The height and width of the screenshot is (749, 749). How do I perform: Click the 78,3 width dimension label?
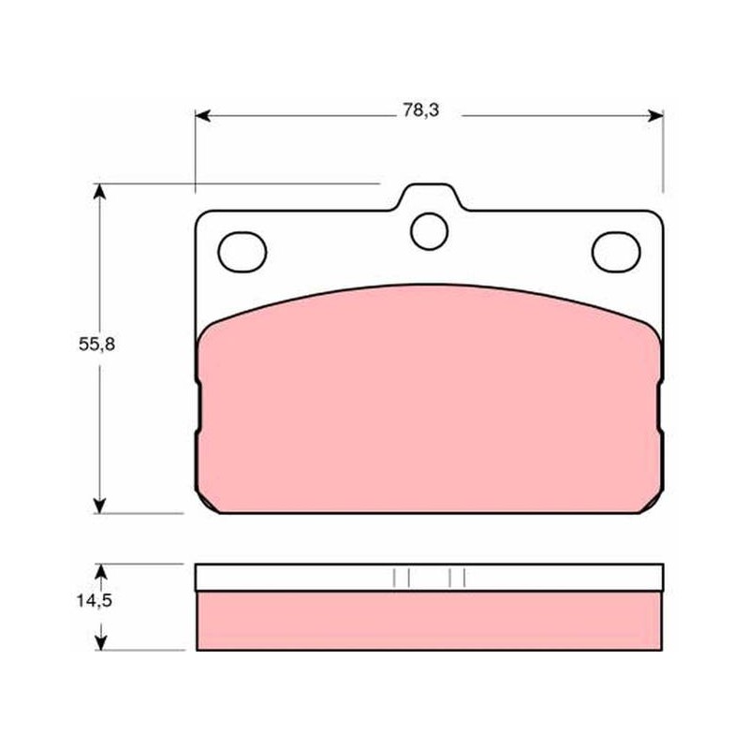pyautogui.click(x=420, y=110)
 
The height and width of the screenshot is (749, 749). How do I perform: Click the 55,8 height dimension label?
pyautogui.click(x=97, y=344)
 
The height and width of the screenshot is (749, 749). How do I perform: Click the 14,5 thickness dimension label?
pyautogui.click(x=95, y=600)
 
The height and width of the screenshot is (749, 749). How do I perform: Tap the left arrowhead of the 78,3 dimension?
pyautogui.click(x=202, y=115)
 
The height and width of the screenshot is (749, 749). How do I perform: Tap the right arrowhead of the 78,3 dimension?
pyautogui.click(x=655, y=115)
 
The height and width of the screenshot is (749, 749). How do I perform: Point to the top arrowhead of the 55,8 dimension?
pyautogui.click(x=99, y=191)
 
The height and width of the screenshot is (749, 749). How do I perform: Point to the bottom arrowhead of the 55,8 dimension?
pyautogui.click(x=99, y=506)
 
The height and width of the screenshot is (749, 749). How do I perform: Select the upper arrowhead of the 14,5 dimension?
pyautogui.click(x=100, y=572)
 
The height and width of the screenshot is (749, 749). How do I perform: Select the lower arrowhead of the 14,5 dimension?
pyautogui.click(x=100, y=642)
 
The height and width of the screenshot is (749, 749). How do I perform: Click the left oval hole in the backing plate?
pyautogui.click(x=242, y=252)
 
